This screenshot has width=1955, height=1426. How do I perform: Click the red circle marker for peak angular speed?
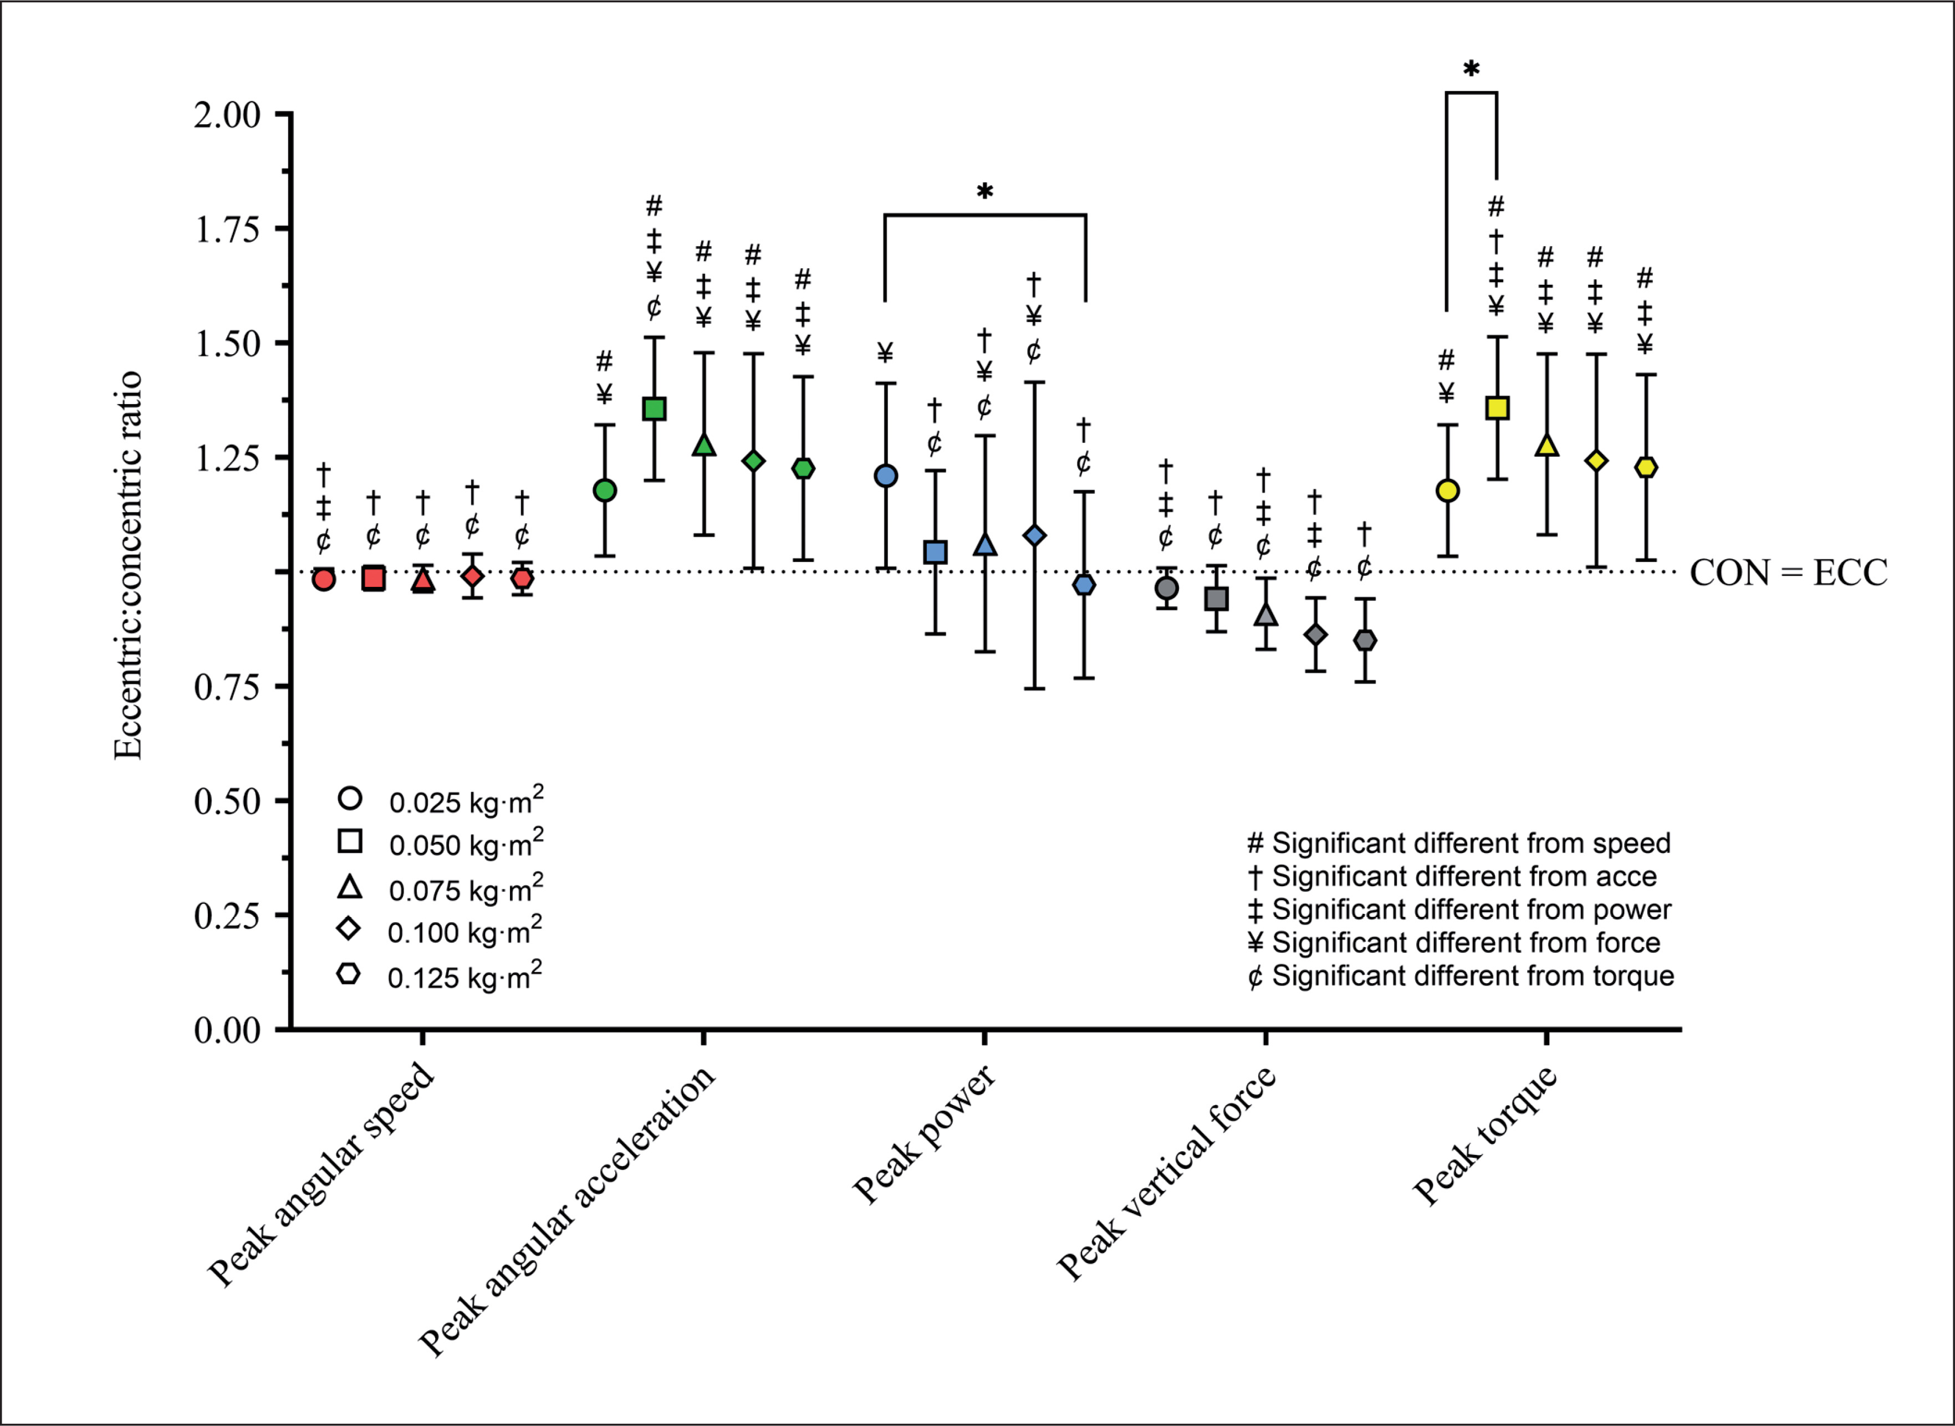[x=324, y=579]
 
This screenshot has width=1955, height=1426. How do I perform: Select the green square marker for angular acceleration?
[x=654, y=408]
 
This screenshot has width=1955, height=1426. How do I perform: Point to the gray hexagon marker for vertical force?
[x=1365, y=641]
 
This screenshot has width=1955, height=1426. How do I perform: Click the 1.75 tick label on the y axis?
[x=227, y=229]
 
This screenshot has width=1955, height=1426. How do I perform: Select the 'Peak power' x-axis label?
[x=923, y=1134]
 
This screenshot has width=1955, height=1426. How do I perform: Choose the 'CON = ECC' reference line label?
[x=1788, y=573]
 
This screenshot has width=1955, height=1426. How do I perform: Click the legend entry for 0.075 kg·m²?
[x=466, y=889]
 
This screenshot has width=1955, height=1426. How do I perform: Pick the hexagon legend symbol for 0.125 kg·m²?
[x=349, y=974]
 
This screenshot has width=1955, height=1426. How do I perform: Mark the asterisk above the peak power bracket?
[x=985, y=192]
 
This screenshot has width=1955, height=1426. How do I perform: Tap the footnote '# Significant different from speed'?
[x=1459, y=844]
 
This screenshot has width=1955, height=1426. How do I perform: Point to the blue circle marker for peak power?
[x=886, y=476]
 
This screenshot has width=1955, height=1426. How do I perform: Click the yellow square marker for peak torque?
[x=1497, y=408]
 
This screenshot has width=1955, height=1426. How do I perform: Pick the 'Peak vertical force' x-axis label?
[x=1165, y=1173]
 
